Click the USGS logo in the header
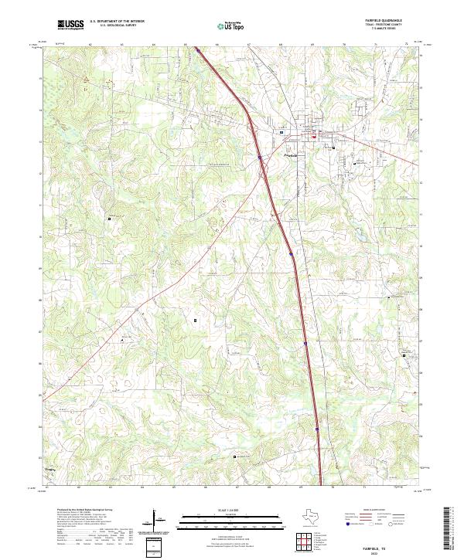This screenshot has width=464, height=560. pos(70,25)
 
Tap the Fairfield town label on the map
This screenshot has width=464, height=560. pos(289,154)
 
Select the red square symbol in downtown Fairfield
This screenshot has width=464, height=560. pos(314,134)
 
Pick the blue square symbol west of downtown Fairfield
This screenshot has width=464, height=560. pos(281,132)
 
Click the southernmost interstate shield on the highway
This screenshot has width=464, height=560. pos(316,424)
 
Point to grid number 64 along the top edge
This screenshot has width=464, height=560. pos(154,45)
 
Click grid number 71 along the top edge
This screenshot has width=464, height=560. pos(376,45)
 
